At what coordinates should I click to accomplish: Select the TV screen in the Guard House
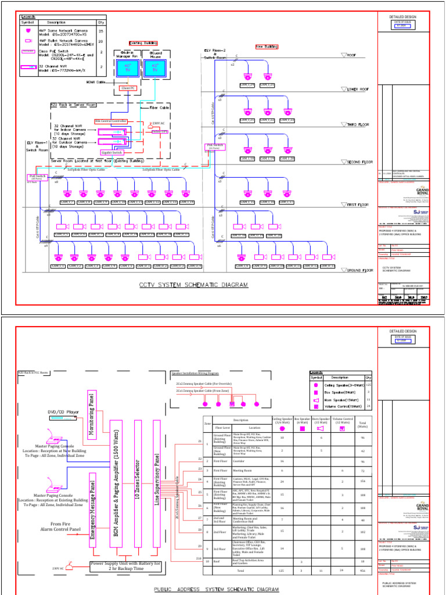(x=155, y=67)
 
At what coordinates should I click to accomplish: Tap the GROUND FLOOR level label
(x=359, y=271)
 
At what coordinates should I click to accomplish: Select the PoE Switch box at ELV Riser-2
(x=215, y=146)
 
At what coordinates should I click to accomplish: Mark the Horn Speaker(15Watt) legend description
(x=348, y=400)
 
